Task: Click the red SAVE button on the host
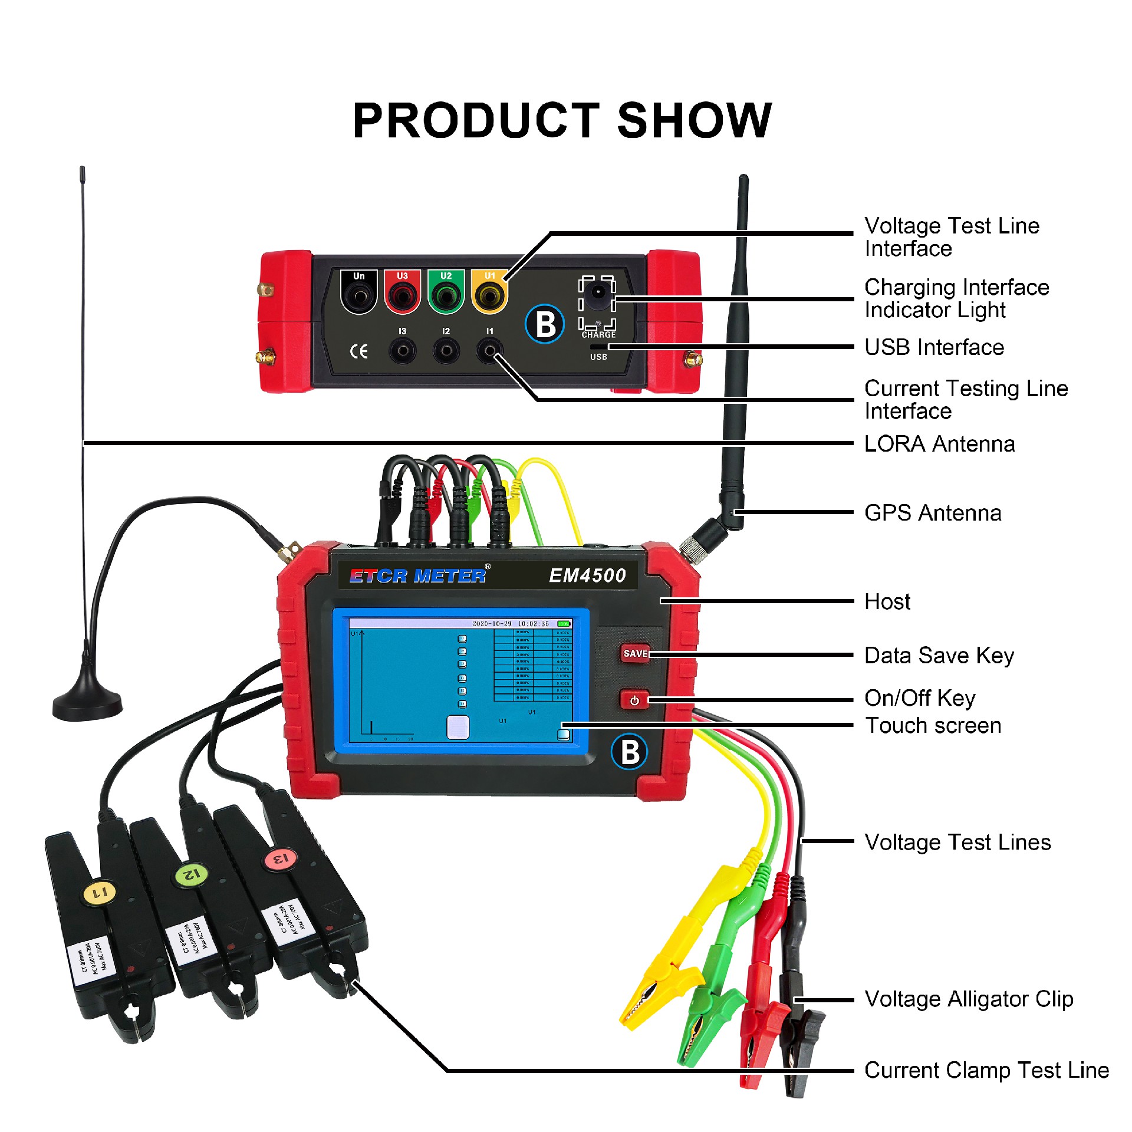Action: point(635,653)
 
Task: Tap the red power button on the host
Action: point(634,700)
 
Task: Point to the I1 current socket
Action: point(489,351)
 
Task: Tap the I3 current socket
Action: point(402,351)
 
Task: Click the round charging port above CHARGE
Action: point(598,292)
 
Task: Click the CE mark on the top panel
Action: point(358,352)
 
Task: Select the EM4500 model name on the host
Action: point(587,575)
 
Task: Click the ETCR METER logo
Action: point(418,575)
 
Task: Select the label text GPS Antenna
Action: point(933,513)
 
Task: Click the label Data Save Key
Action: point(939,656)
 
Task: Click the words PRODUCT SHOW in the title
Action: point(562,121)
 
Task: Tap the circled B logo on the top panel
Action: point(545,324)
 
